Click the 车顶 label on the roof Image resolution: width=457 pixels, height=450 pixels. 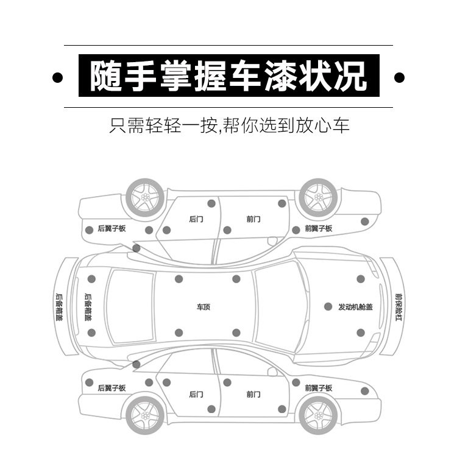[203, 308]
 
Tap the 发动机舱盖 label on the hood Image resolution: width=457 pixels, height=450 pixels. [355, 307]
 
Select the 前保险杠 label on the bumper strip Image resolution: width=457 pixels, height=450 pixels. [399, 307]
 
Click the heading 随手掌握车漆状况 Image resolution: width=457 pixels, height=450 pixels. [228, 76]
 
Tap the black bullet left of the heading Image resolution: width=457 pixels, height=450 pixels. [58, 77]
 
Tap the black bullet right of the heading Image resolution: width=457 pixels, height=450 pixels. [400, 77]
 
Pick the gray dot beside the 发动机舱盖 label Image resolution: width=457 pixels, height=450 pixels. [328, 307]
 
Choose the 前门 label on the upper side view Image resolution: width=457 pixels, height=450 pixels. [253, 219]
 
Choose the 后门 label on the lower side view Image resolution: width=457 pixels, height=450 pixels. [196, 394]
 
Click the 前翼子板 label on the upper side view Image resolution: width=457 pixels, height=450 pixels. [318, 229]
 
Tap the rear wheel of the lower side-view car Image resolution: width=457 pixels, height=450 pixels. [145, 414]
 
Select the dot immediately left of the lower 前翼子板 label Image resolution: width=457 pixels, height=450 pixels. [296, 382]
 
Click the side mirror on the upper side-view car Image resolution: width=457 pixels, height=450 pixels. [272, 241]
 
